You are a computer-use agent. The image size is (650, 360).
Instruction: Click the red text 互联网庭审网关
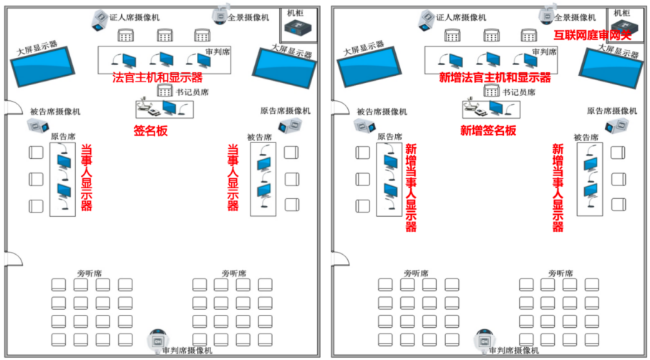pyautogui.click(x=593, y=34)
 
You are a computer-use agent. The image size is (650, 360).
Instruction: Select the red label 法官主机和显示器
pyautogui.click(x=157, y=77)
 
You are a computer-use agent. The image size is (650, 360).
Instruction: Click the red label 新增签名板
pyautogui.click(x=488, y=131)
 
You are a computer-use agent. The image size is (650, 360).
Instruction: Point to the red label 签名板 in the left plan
pyautogui.click(x=150, y=131)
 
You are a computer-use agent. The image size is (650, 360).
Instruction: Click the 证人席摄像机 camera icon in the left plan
pyautogui.click(x=100, y=20)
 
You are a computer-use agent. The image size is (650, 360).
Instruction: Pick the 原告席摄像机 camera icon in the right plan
pyautogui.click(x=613, y=126)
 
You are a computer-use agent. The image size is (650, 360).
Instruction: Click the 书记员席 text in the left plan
pyautogui.click(x=193, y=92)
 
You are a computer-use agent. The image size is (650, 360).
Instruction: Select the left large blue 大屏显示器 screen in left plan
pyautogui.click(x=42, y=67)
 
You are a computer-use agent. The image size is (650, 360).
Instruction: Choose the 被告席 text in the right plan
pyautogui.click(x=586, y=137)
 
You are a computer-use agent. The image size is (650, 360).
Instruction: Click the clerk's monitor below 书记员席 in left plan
pyautogui.click(x=170, y=108)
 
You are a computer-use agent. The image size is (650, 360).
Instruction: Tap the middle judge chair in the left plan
pyautogui.click(x=165, y=34)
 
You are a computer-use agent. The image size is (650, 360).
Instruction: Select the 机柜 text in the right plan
pyautogui.click(x=620, y=13)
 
